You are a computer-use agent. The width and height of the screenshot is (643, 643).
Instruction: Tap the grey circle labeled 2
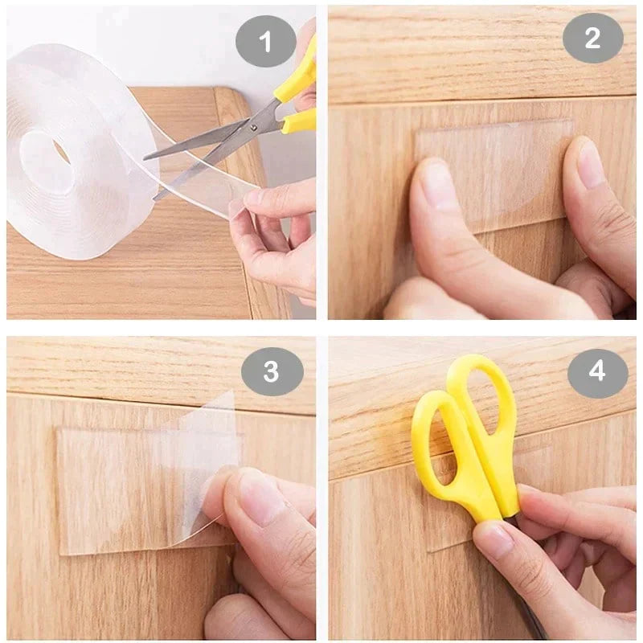(592, 38)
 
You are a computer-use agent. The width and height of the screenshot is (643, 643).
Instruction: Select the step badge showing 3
(272, 371)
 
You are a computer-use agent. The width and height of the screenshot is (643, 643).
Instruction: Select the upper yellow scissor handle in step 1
(298, 77)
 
